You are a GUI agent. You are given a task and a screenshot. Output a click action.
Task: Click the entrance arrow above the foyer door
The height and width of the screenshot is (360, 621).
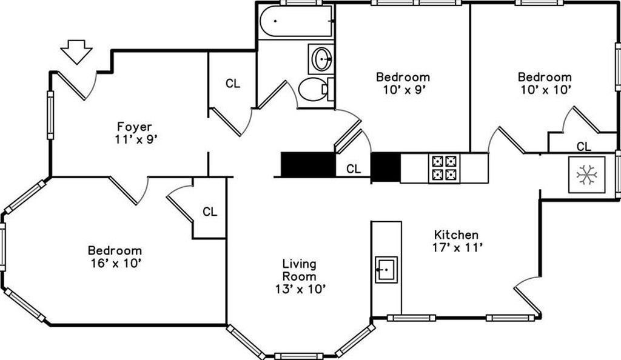76,52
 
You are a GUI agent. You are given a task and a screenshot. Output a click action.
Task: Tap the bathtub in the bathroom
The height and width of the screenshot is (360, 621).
296,21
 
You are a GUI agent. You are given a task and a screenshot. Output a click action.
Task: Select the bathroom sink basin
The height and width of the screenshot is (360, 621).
321,59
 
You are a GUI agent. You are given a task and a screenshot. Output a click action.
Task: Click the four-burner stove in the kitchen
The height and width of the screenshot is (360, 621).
444,168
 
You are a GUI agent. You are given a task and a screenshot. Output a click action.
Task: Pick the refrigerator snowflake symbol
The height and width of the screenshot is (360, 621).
586,175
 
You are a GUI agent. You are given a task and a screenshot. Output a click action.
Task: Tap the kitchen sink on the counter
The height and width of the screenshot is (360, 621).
386,270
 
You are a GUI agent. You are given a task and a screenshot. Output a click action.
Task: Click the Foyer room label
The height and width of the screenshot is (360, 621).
135,127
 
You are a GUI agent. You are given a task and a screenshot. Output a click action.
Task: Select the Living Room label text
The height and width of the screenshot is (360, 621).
300,270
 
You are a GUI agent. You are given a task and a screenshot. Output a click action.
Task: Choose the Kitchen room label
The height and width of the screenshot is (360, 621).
456,235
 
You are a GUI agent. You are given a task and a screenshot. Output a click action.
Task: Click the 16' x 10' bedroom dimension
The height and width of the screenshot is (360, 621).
116,263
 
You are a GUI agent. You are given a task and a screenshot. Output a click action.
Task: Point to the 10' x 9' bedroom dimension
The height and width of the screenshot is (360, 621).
404,90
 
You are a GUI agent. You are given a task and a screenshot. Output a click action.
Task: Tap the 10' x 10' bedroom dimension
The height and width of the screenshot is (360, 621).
545,90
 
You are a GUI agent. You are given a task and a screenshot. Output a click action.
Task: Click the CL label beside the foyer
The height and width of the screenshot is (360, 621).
233,84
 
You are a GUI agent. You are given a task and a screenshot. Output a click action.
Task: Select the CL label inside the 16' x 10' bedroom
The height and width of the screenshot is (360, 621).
210,212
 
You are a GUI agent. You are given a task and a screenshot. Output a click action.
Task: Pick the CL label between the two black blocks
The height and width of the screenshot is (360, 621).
354,169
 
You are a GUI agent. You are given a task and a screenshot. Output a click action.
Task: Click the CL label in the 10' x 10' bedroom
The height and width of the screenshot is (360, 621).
584,147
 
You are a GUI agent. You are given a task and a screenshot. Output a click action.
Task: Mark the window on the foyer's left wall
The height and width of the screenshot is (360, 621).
50,115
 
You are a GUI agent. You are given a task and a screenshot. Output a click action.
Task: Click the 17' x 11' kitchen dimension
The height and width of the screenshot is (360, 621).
458,248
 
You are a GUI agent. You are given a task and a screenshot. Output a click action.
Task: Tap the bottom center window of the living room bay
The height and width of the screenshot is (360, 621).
299,356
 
